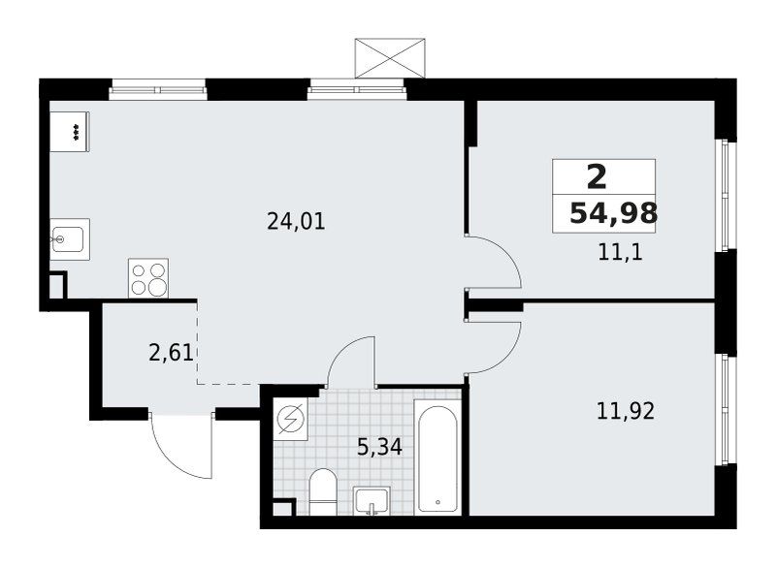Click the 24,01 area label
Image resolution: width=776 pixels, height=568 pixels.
(x=296, y=221)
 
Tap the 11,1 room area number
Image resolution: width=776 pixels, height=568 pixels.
(x=620, y=253)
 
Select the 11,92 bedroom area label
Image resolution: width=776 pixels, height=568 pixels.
(x=626, y=411)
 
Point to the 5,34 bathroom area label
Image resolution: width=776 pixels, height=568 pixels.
(x=379, y=448)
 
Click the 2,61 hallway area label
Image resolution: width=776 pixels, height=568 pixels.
(x=171, y=353)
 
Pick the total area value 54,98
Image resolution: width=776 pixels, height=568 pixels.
(x=614, y=213)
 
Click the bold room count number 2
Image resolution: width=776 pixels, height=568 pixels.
(x=597, y=177)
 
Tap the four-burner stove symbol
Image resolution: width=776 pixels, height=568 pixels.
(x=148, y=278)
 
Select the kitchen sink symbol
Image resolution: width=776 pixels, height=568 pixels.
(x=70, y=239)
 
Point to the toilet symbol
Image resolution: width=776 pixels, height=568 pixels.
(x=323, y=491)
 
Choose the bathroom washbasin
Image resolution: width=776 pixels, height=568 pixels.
(x=372, y=501)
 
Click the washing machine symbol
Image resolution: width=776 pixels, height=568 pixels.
(x=291, y=418)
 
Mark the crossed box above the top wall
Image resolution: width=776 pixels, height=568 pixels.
(x=390, y=58)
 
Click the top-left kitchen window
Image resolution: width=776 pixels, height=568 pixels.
(x=157, y=89)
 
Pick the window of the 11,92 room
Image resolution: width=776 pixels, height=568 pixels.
(x=726, y=409)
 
